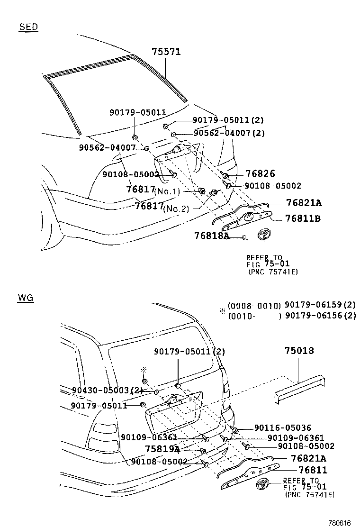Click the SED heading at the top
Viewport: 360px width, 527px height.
click(28, 27)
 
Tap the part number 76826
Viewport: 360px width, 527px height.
click(260, 174)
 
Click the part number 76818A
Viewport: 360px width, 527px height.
click(212, 236)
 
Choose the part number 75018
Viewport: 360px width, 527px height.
click(299, 351)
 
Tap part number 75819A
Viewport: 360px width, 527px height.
click(162, 448)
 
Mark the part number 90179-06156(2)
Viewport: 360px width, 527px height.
click(320, 316)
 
